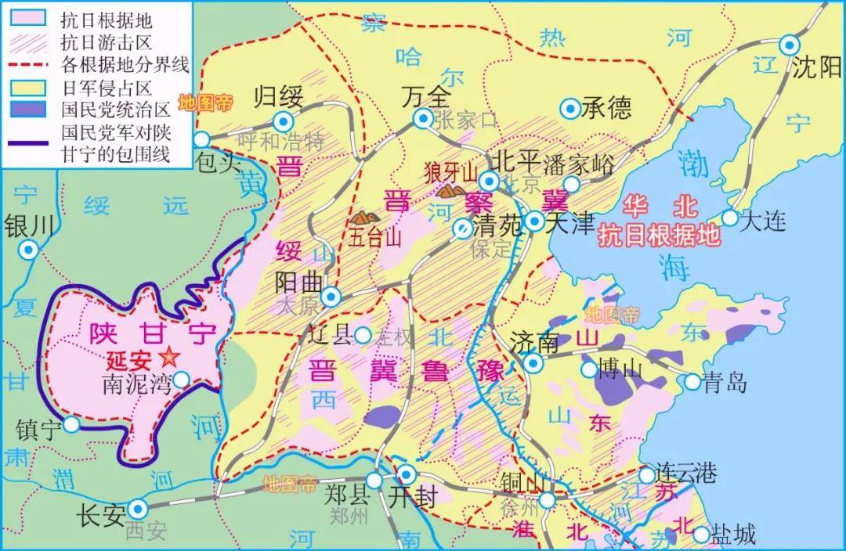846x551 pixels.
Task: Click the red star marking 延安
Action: click(x=166, y=358)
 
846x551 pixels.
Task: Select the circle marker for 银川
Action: click(x=29, y=250)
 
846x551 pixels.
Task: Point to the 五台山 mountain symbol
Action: click(x=365, y=216)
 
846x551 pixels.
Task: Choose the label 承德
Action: click(x=606, y=107)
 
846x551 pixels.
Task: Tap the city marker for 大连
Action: click(x=729, y=218)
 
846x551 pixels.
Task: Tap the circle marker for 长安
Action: click(x=138, y=509)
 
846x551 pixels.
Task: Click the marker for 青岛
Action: click(x=692, y=382)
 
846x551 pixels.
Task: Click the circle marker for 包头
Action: click(x=202, y=139)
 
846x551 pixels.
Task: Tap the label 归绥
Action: click(x=278, y=98)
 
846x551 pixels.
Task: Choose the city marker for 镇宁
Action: click(x=71, y=424)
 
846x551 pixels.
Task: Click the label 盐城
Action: click(x=735, y=535)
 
